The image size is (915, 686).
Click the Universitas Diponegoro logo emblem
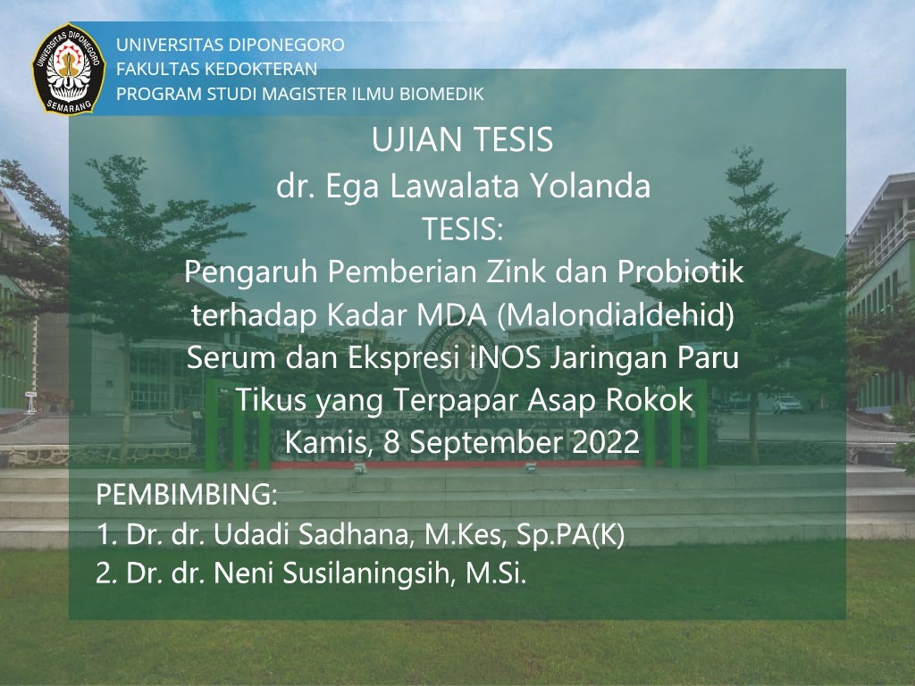(x=69, y=69)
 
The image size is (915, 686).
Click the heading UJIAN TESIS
(x=462, y=141)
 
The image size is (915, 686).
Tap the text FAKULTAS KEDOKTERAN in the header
(x=217, y=69)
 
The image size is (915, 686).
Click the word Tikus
(x=268, y=400)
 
